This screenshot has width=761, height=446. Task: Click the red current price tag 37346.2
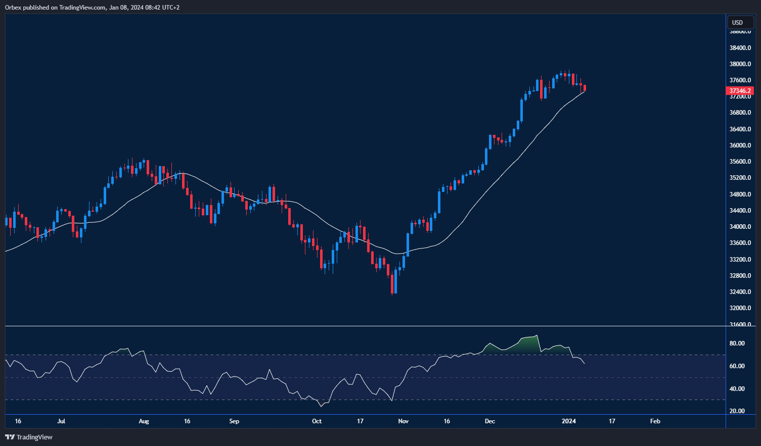(740, 91)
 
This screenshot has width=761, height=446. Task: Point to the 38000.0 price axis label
(740, 64)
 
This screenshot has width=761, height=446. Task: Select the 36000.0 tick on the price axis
(740, 145)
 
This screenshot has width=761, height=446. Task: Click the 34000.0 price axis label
(740, 227)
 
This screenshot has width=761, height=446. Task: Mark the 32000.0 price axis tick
(740, 308)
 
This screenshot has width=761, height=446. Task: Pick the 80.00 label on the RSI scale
(737, 343)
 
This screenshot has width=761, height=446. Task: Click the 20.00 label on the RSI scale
(737, 411)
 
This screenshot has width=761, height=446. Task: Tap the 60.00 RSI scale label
(737, 366)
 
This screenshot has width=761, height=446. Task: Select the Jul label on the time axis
(61, 421)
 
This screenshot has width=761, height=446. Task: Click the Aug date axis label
(144, 421)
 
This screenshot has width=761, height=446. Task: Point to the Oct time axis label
(317, 421)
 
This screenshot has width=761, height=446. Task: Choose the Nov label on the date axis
(403, 421)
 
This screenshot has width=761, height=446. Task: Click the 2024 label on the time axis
(569, 421)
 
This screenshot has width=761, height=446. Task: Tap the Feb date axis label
(655, 421)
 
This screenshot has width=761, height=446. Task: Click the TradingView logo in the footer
(29, 437)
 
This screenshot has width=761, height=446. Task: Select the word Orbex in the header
(13, 8)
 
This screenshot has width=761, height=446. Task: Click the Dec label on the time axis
(489, 421)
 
